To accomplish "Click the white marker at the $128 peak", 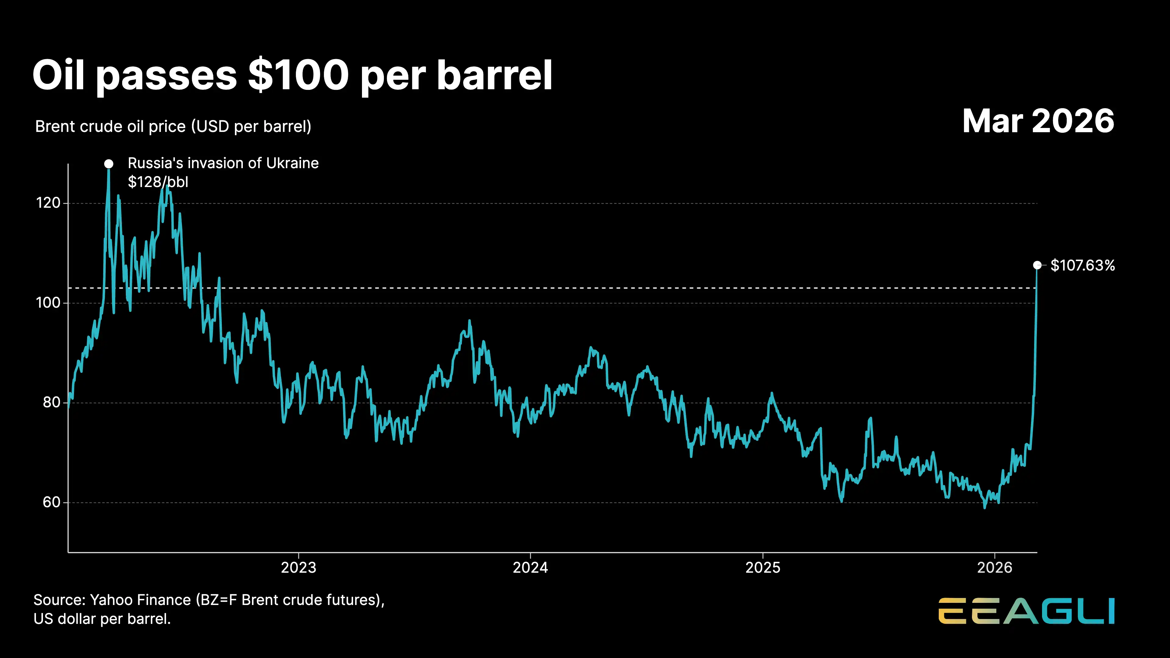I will (108, 164).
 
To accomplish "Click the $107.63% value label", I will (1083, 265).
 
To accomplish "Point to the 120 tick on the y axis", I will (48, 203).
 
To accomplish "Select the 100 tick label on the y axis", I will (48, 302).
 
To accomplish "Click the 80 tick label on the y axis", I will (51, 402).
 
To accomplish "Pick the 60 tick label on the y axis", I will (51, 502).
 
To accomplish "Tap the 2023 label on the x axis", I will (298, 568).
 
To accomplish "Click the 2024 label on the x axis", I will (530, 568).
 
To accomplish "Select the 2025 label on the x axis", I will (763, 568).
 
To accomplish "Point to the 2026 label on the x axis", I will (995, 568).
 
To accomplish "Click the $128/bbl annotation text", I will (158, 182).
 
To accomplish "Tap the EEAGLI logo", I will (1026, 611).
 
